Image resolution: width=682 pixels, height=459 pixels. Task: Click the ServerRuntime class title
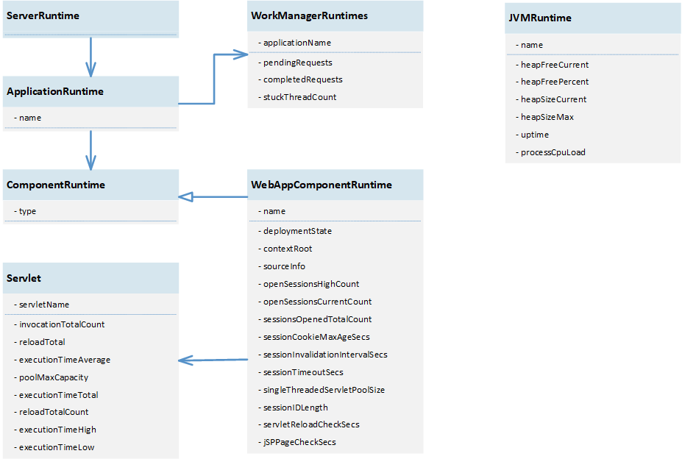(x=43, y=15)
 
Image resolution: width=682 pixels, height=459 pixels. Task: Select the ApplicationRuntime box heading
(x=55, y=91)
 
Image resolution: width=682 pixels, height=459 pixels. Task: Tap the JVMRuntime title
(x=539, y=18)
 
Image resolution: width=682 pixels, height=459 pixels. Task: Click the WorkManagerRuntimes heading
(x=309, y=15)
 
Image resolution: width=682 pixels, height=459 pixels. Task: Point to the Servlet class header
(x=24, y=278)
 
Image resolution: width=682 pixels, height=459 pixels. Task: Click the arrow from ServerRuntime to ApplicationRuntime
(x=90, y=57)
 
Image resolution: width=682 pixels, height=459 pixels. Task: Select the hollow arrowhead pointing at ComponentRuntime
(x=185, y=196)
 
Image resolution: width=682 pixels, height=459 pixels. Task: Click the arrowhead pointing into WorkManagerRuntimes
(x=242, y=54)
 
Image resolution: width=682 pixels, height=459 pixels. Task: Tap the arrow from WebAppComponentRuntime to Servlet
(x=213, y=360)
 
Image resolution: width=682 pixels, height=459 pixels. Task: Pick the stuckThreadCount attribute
(x=299, y=97)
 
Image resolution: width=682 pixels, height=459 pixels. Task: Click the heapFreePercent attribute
(x=554, y=82)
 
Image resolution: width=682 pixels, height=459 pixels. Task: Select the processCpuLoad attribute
(x=553, y=152)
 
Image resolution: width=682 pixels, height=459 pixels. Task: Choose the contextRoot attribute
(x=287, y=249)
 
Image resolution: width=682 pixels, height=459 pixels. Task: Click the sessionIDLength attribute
(x=295, y=408)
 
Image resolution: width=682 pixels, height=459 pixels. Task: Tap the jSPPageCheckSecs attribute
(x=299, y=442)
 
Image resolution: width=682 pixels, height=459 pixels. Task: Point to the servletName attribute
(x=43, y=305)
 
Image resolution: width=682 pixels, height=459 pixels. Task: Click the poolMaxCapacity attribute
(x=53, y=377)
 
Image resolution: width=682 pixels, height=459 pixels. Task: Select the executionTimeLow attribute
(x=56, y=447)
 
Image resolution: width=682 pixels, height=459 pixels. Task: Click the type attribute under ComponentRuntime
(x=27, y=211)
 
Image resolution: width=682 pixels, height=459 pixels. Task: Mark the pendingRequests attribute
(x=297, y=63)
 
